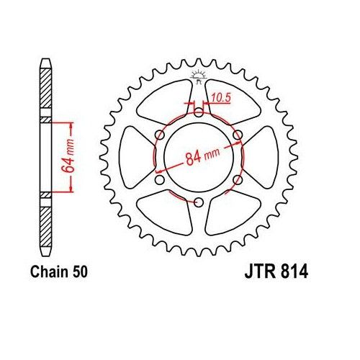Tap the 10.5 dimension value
(x=220, y=96)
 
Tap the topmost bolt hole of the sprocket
(x=198, y=109)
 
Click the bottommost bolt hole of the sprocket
(x=198, y=204)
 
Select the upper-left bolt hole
(x=158, y=133)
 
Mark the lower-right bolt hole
(x=238, y=180)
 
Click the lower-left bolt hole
(x=158, y=180)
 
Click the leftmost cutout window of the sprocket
(x=138, y=157)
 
